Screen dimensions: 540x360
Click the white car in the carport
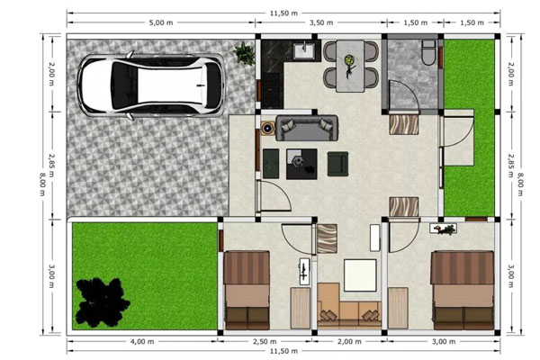click(x=151, y=85)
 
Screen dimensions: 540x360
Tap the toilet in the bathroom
click(x=428, y=53)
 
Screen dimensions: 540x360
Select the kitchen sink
click(x=304, y=51)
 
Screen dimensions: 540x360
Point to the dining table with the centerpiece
click(x=350, y=66)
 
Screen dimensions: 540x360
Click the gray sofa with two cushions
click(x=307, y=128)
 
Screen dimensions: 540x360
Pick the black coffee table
click(x=301, y=164)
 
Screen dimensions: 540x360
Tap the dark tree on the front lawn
click(x=102, y=302)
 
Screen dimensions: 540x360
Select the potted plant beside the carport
click(x=244, y=53)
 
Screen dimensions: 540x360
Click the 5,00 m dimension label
click(x=161, y=22)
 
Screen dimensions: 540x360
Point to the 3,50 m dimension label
click(x=321, y=22)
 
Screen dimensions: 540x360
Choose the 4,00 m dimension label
click(x=142, y=342)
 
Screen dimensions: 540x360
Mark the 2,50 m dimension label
click(x=265, y=342)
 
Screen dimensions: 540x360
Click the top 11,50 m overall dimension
click(x=283, y=13)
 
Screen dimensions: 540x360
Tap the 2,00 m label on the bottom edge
click(x=349, y=342)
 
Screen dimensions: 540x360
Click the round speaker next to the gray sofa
click(x=267, y=128)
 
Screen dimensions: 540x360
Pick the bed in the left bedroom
click(x=247, y=290)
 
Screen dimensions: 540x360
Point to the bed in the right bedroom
click(x=463, y=290)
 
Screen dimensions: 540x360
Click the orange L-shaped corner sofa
click(x=349, y=304)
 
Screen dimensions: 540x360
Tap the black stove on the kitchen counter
click(x=272, y=90)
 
